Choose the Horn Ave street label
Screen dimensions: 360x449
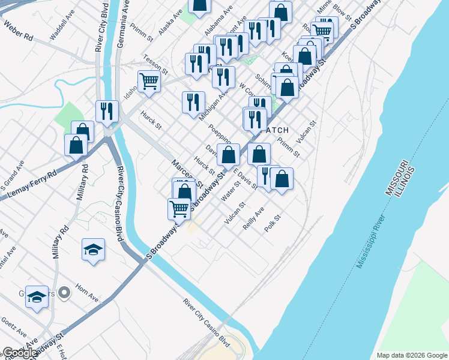point(88,296)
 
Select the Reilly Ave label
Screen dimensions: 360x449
point(254,219)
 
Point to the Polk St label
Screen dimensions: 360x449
point(273,224)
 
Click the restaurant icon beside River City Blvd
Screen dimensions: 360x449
point(107,111)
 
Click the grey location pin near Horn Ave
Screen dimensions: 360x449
point(65,293)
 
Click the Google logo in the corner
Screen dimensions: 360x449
point(19,353)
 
